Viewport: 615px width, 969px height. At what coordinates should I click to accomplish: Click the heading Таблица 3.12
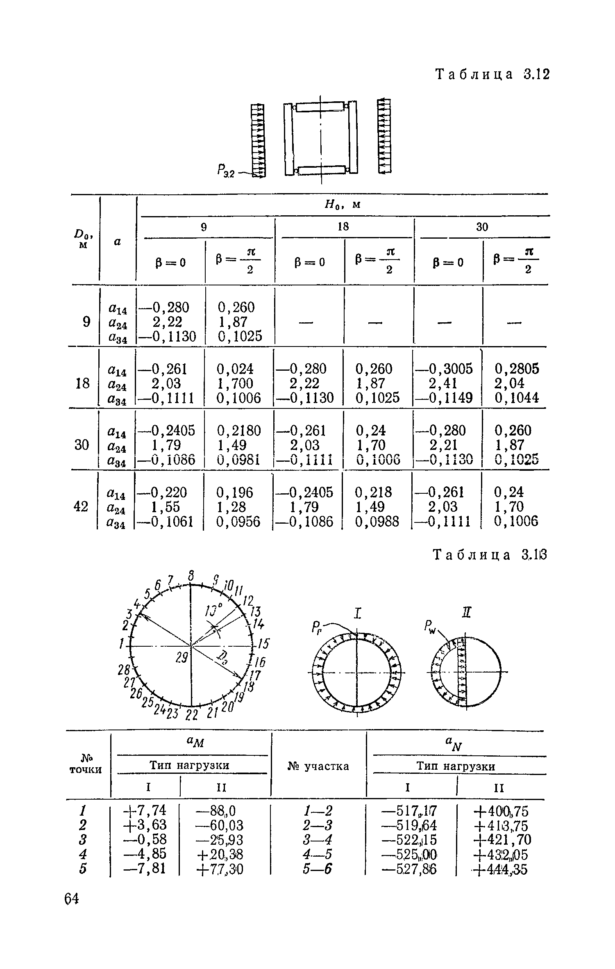click(x=491, y=75)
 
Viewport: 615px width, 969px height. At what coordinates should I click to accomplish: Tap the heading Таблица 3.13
click(x=490, y=555)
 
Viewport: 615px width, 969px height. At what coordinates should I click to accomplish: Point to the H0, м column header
click(x=343, y=204)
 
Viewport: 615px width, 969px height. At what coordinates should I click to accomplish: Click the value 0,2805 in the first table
click(x=517, y=369)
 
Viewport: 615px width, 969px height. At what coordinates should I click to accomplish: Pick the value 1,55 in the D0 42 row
click(x=165, y=507)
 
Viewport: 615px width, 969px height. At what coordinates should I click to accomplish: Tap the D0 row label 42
click(x=81, y=507)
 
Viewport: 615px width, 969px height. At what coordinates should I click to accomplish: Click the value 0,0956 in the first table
click(x=239, y=521)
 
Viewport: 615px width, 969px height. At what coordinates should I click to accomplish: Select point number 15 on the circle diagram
click(x=265, y=644)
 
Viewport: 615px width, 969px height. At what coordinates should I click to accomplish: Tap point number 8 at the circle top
click(x=191, y=574)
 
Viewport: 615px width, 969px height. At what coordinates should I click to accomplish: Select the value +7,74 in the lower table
click(x=145, y=810)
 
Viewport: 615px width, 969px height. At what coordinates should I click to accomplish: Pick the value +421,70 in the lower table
click(x=502, y=840)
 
